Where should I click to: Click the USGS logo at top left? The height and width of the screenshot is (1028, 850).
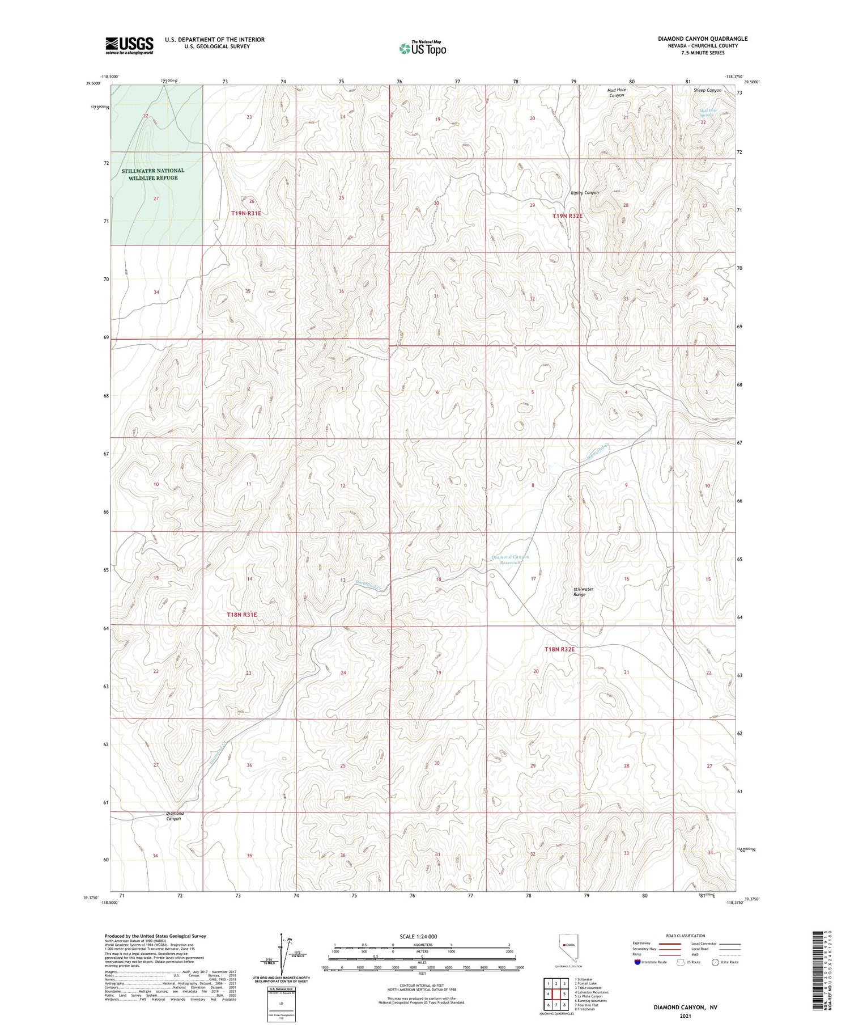tap(129, 45)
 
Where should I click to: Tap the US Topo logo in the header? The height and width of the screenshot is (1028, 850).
tap(422, 48)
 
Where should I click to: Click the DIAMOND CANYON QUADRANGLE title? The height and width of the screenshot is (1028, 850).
tap(702, 39)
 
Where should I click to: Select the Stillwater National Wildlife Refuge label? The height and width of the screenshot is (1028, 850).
tap(153, 174)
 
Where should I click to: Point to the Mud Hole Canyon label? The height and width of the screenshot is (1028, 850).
tap(617, 92)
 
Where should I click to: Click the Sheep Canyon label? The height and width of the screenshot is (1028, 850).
tap(707, 90)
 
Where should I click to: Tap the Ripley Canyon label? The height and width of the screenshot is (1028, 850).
tap(584, 193)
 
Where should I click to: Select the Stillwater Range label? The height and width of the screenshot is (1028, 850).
tap(583, 592)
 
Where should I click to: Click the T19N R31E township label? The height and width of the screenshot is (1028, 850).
tap(246, 213)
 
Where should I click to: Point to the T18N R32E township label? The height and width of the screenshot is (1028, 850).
tap(559, 649)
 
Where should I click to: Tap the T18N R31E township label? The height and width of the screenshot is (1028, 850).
tap(242, 615)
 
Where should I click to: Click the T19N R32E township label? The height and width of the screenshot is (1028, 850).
tap(567, 216)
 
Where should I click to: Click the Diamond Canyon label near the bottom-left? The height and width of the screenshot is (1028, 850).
tap(175, 816)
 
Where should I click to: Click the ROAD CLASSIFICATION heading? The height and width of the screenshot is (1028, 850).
tap(686, 936)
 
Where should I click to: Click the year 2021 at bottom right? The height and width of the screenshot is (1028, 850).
tap(685, 1016)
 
